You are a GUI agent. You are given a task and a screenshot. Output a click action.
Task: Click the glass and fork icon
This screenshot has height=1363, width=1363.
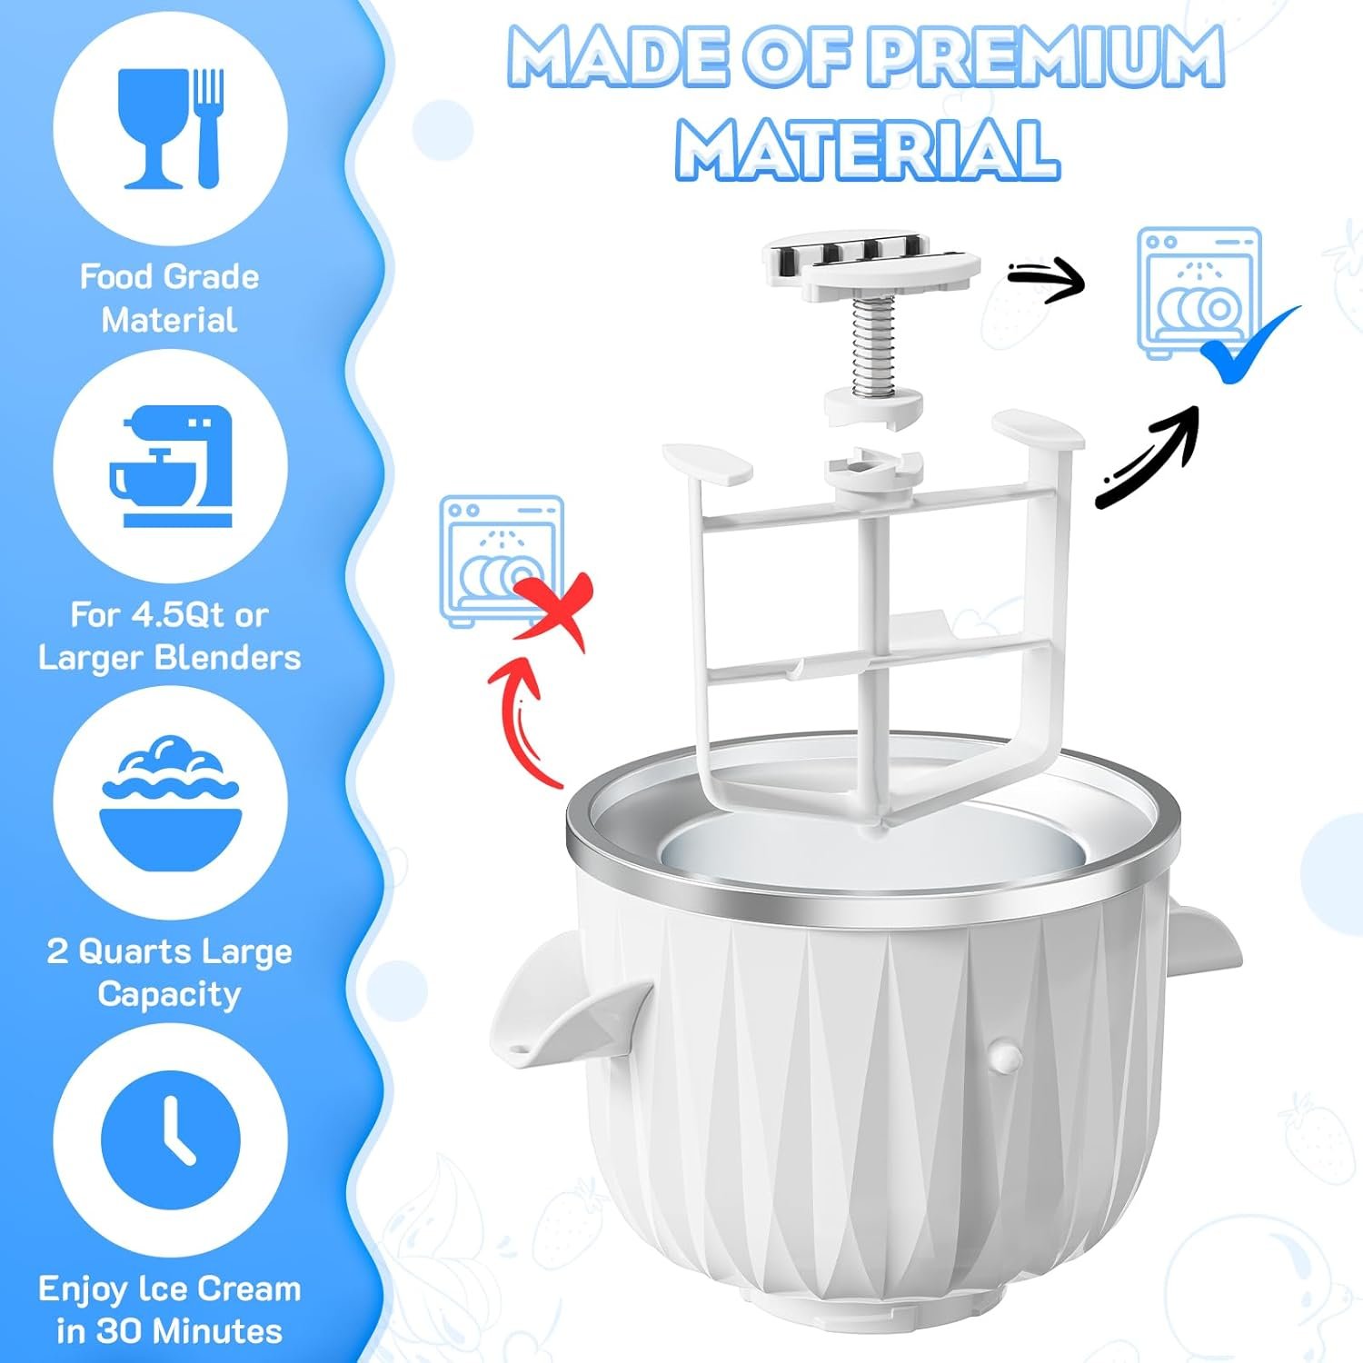click(171, 128)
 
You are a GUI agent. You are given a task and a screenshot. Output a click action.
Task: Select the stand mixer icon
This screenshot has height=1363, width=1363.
click(171, 466)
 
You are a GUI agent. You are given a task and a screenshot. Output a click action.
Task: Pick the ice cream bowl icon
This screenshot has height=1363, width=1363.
click(171, 803)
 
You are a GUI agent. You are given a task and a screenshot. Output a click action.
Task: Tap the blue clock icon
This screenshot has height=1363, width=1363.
click(171, 1139)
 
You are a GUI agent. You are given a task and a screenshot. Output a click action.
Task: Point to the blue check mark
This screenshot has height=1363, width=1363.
click(1249, 344)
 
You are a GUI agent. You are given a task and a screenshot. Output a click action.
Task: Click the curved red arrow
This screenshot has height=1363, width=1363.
click(514, 718)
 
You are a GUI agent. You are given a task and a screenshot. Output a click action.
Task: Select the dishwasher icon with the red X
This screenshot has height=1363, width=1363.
click(502, 561)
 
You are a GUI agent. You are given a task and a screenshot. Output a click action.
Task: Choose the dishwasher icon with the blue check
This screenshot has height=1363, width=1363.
click(1199, 293)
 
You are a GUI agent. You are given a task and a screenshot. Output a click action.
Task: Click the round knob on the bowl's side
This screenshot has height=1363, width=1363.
click(1006, 1055)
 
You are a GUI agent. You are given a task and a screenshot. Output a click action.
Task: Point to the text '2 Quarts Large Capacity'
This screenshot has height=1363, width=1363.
click(170, 973)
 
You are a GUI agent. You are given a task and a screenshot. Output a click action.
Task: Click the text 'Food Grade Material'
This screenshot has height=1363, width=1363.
click(170, 298)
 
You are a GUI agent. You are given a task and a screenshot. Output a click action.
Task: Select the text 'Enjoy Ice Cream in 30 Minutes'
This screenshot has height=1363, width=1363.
click(170, 1309)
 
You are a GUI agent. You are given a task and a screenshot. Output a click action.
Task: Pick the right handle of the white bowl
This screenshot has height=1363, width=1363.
click(1204, 940)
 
